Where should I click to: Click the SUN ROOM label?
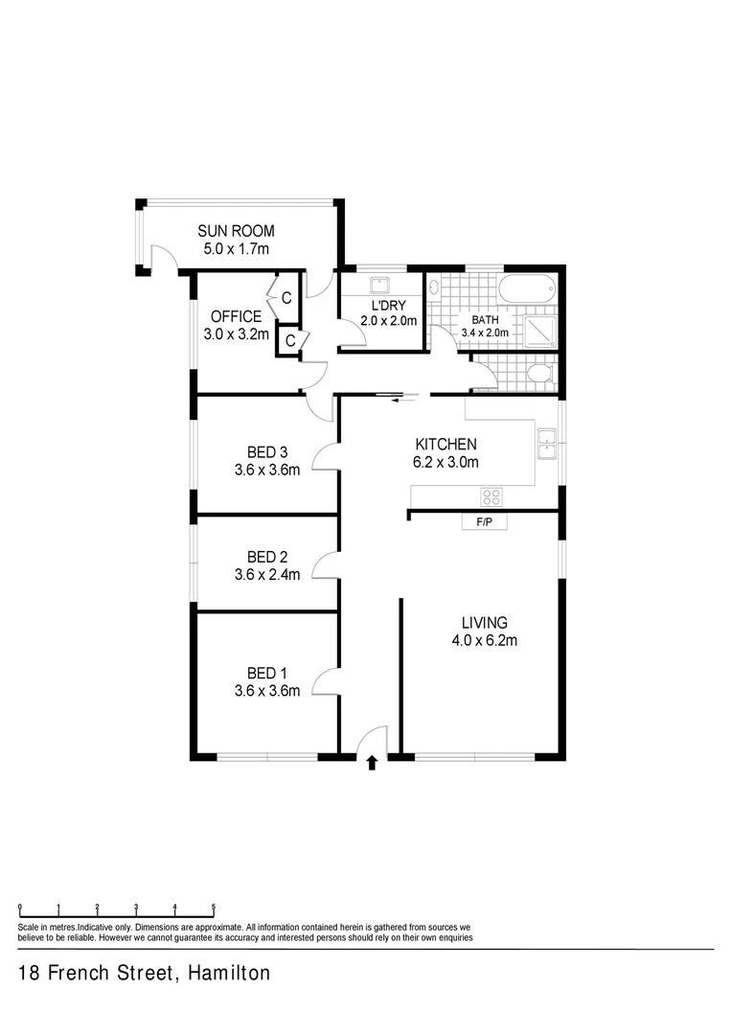tap(236, 231)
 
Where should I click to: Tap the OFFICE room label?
tap(236, 316)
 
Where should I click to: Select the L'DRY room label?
tap(388, 306)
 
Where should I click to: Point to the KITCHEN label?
tap(446, 445)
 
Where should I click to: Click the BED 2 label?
tap(267, 557)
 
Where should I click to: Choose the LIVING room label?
tap(484, 622)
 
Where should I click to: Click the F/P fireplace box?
tap(484, 522)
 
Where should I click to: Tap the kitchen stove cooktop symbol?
tap(492, 496)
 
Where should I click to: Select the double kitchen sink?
tap(547, 444)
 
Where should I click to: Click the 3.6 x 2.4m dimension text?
tap(267, 576)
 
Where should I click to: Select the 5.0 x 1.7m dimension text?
tap(236, 249)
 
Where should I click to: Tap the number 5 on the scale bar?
tap(213, 906)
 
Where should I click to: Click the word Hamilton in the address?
tap(230, 974)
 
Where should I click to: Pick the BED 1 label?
tap(267, 672)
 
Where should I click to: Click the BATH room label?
tap(486, 319)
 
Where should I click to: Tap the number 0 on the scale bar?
tap(19, 906)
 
